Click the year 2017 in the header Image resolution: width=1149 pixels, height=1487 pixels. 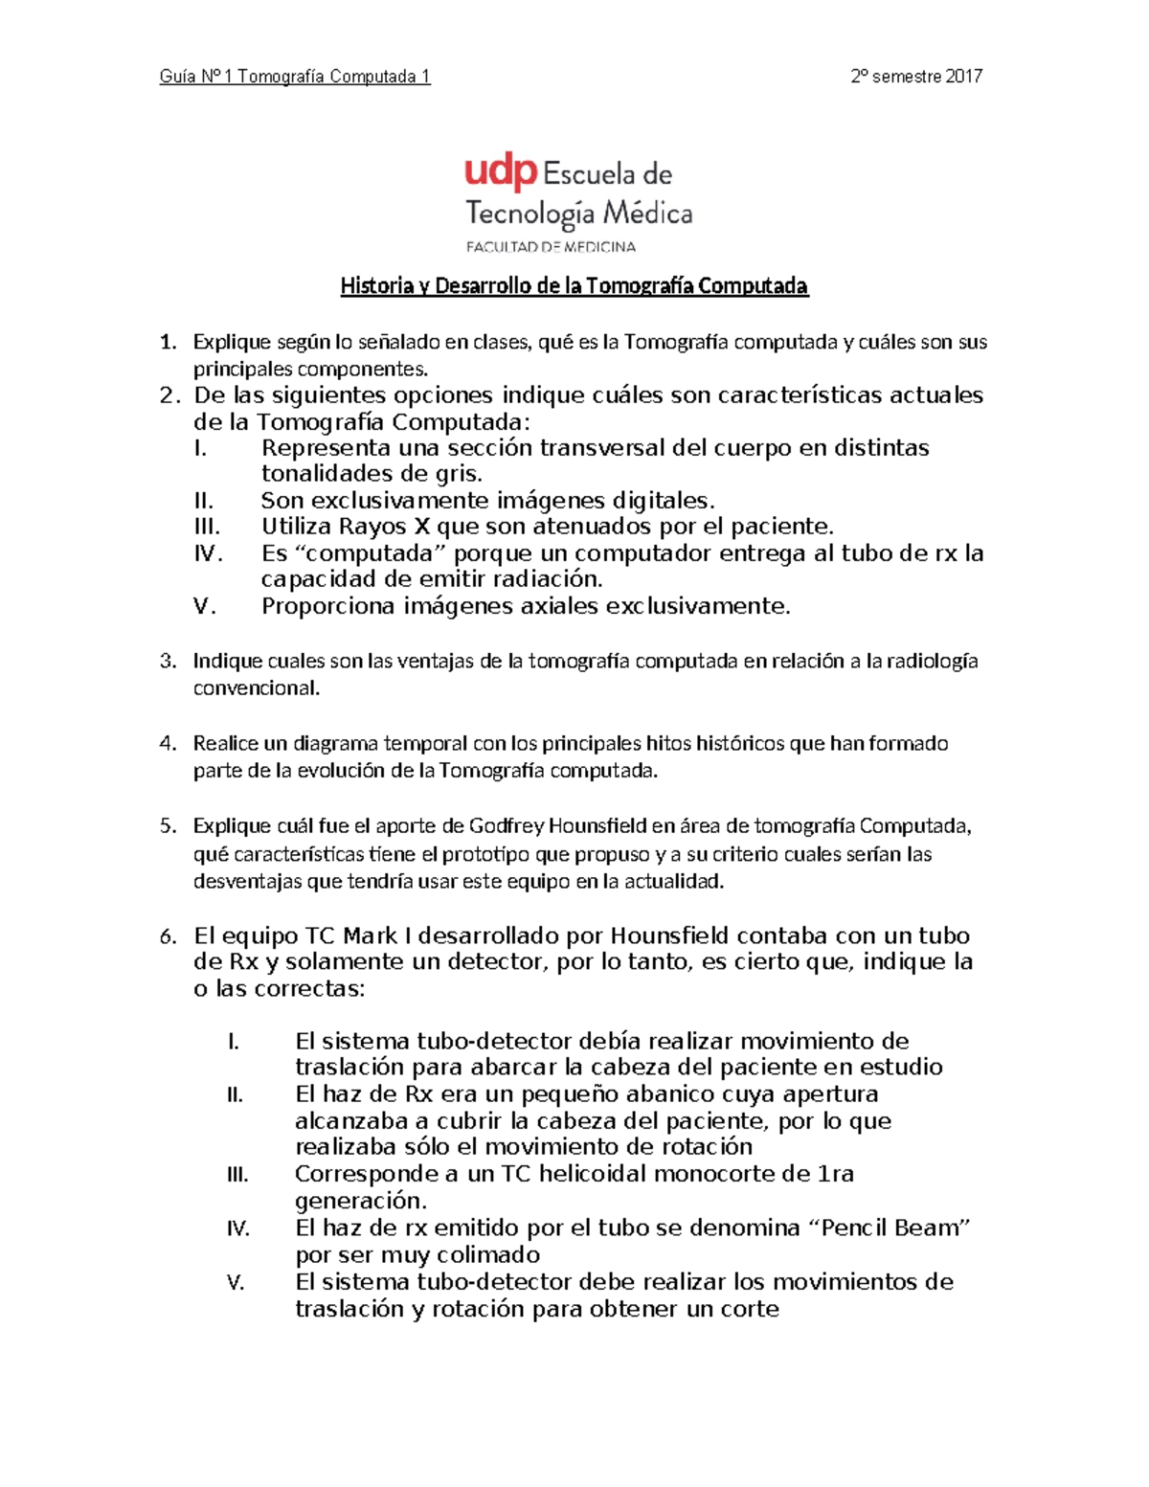963,77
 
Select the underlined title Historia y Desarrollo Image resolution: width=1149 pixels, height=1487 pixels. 574,285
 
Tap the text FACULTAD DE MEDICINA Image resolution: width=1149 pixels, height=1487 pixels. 551,246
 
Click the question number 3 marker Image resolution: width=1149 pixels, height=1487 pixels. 168,661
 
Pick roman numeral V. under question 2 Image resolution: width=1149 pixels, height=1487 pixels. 205,606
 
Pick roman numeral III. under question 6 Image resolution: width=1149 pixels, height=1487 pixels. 237,1175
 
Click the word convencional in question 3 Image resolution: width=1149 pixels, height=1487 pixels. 256,688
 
